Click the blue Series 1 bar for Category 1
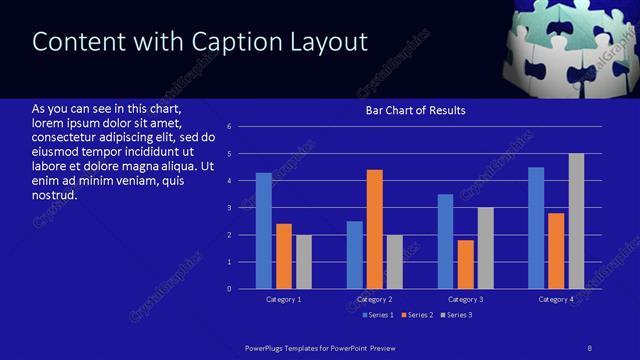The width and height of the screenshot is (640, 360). tap(263, 231)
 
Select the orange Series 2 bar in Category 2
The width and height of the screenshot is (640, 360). tap(375, 229)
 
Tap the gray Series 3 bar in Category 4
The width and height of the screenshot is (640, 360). tap(576, 221)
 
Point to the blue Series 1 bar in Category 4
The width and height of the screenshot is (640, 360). tap(536, 228)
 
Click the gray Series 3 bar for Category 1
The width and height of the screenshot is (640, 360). tap(303, 262)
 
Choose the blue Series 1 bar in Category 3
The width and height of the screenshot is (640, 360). tap(446, 241)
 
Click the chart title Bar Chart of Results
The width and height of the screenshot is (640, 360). tap(415, 110)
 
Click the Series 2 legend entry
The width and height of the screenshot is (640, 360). tap(417, 315)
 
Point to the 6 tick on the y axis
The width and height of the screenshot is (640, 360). tap(230, 127)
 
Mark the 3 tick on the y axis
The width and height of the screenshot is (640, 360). tap(230, 208)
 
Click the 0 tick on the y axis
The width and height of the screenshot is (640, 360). tap(230, 289)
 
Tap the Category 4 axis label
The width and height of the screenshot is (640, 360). tap(557, 299)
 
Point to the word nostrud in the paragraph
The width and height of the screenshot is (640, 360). tap(55, 194)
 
